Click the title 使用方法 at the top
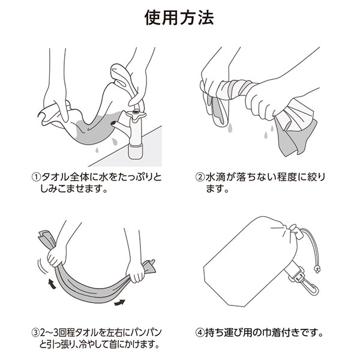click(x=179, y=17)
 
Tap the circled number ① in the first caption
click(x=35, y=178)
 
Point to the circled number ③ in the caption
click(x=35, y=332)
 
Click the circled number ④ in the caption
click(x=200, y=332)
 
